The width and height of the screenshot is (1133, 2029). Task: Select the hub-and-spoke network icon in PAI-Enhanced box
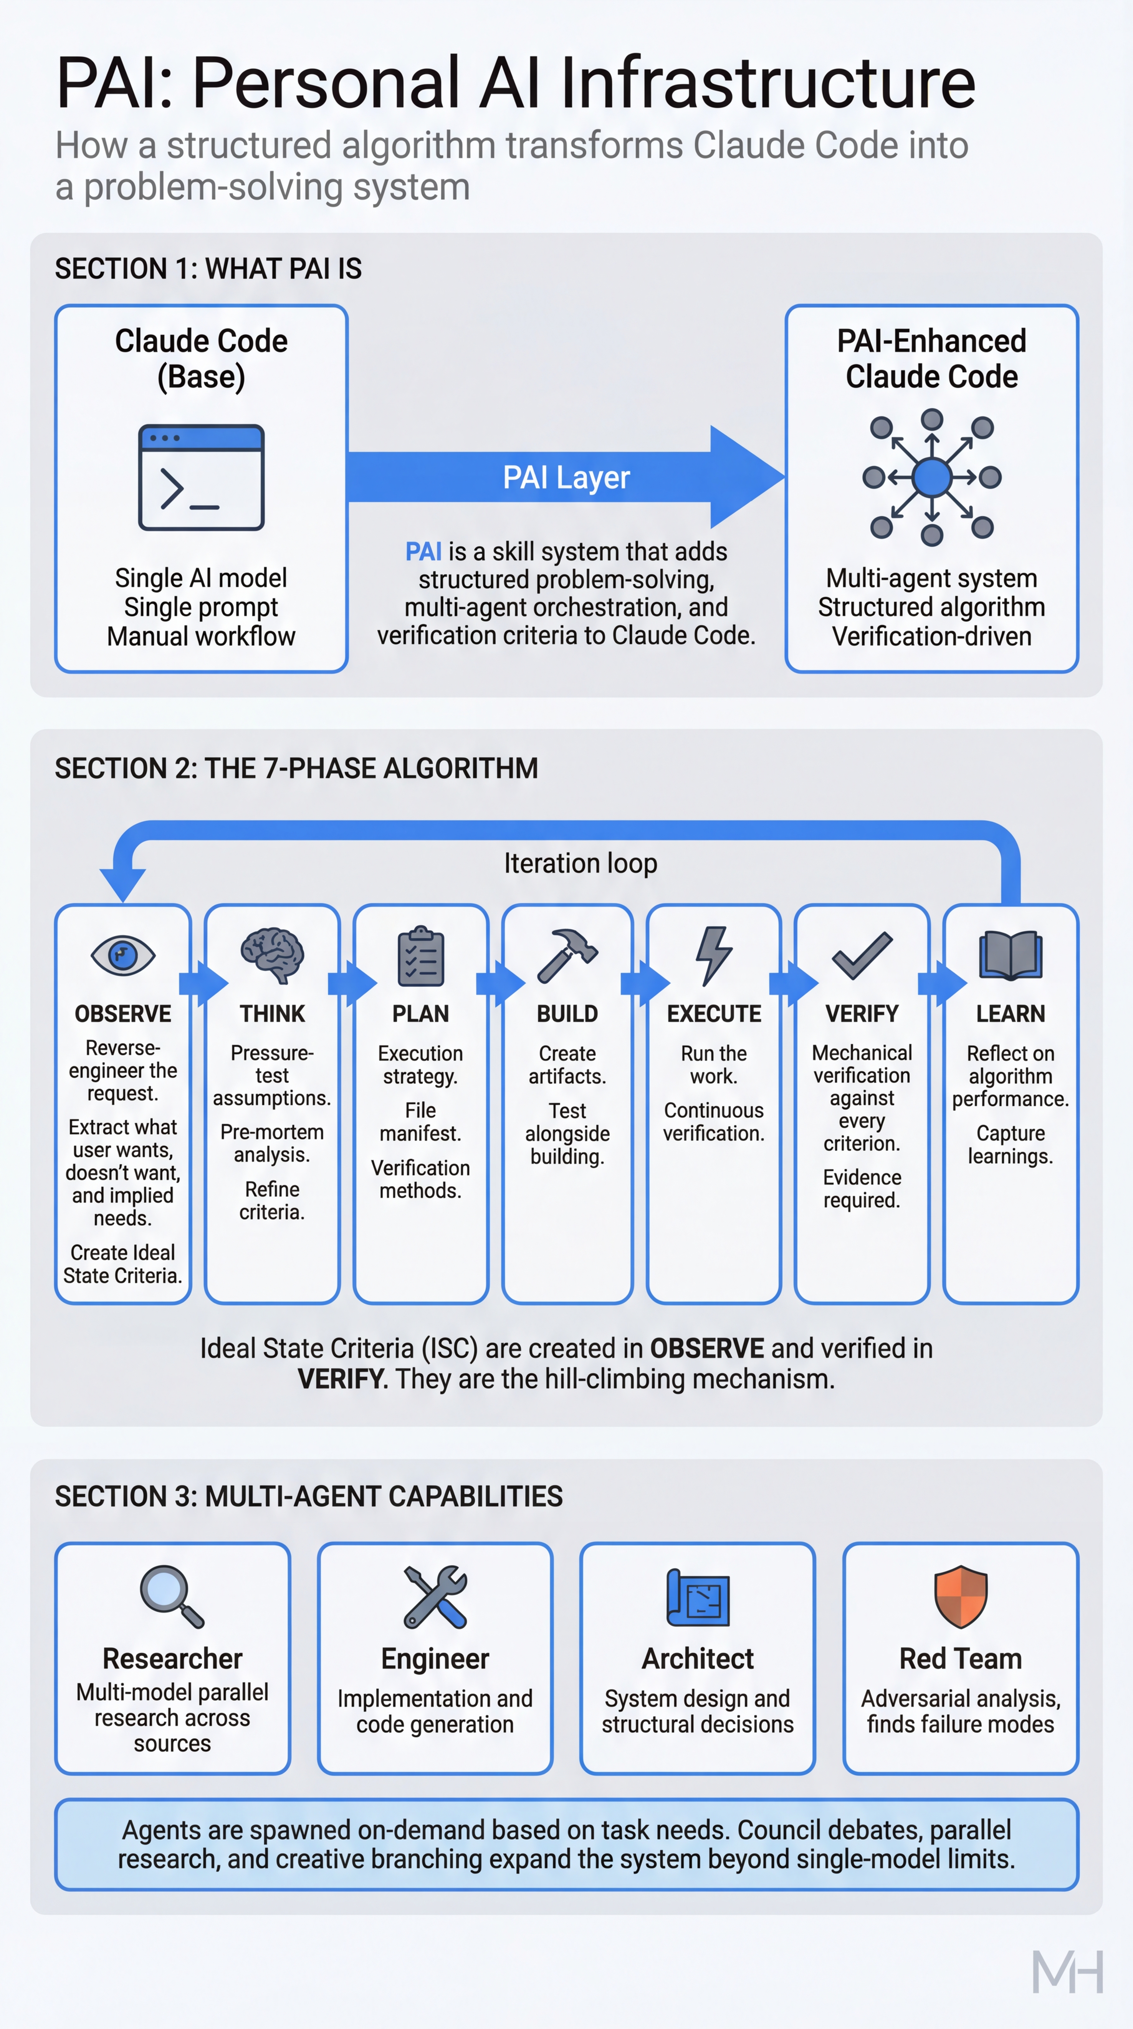tap(932, 477)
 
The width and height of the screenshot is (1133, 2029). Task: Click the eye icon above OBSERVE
tap(123, 956)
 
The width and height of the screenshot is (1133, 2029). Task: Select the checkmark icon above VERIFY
tap(862, 956)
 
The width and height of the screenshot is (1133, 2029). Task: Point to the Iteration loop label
tap(581, 863)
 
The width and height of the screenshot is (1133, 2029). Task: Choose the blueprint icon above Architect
tap(698, 1597)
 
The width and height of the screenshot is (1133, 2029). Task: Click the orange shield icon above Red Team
tap(960, 1596)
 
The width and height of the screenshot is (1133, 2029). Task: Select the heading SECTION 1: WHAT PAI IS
tap(208, 269)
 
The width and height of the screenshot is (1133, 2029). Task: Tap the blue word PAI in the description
tap(423, 551)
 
